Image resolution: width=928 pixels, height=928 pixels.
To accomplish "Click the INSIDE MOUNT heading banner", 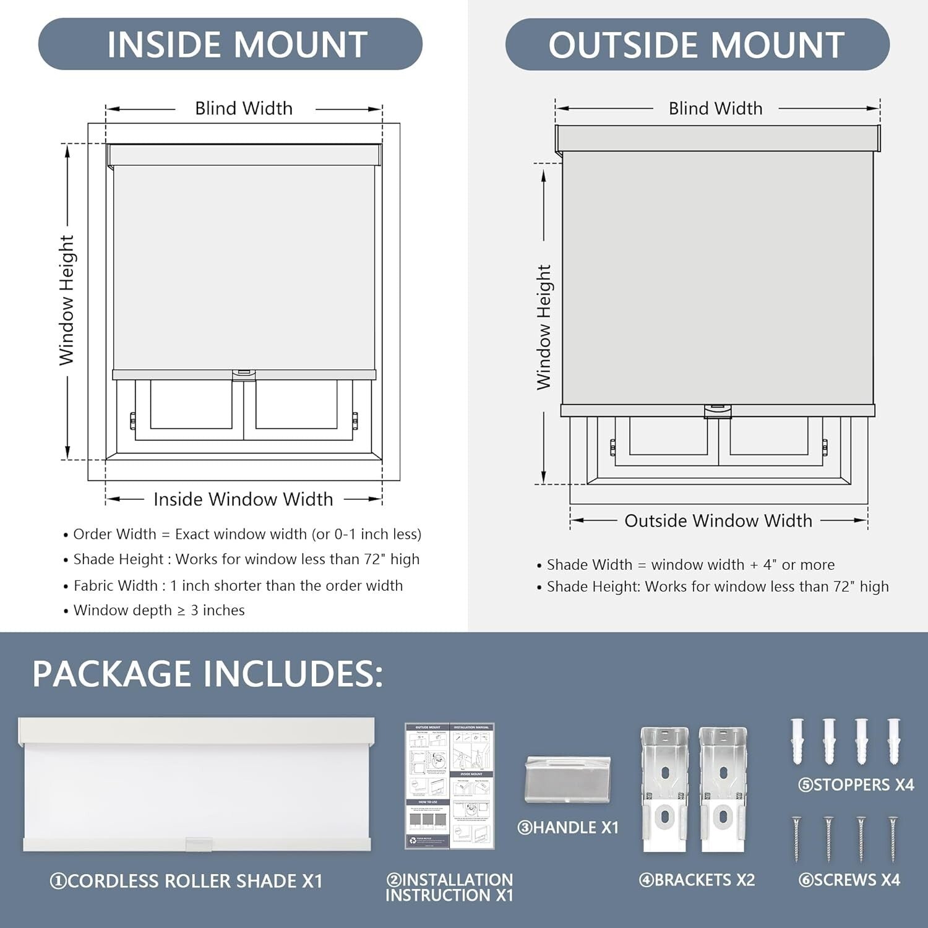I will click(230, 44).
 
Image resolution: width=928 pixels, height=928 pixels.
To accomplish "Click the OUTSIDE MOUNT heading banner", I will click(697, 44).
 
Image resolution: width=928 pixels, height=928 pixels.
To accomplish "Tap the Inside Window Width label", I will click(243, 499).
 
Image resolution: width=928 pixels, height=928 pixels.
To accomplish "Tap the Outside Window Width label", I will click(718, 521).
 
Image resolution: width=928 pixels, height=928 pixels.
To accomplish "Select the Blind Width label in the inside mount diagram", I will click(244, 109).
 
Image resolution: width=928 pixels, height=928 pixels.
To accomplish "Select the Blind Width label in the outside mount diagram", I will click(715, 109).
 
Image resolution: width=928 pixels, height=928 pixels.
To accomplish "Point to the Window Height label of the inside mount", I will click(67, 300).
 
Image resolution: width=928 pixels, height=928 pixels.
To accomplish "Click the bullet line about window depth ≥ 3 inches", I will click(159, 611).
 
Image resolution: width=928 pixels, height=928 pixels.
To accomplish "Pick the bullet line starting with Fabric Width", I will click(238, 586).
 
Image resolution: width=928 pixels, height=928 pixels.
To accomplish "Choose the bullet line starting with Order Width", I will click(247, 535).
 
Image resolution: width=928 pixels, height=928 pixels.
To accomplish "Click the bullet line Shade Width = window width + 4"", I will click(690, 565).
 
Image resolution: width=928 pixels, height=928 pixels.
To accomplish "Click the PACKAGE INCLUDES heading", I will click(207, 674).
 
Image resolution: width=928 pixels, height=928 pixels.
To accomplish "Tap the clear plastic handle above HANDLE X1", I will click(568, 779).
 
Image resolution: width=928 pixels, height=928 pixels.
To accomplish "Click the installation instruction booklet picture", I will click(450, 786).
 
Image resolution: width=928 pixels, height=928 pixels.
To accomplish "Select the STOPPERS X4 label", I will click(856, 785).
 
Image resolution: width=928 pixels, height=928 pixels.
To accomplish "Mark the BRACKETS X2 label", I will click(697, 880).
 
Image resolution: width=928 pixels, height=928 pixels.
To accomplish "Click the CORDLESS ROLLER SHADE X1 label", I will click(186, 881).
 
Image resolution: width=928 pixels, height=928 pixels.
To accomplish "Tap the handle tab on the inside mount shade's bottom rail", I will click(244, 374).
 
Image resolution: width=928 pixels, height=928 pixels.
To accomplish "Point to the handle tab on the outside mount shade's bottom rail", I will click(718, 411).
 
